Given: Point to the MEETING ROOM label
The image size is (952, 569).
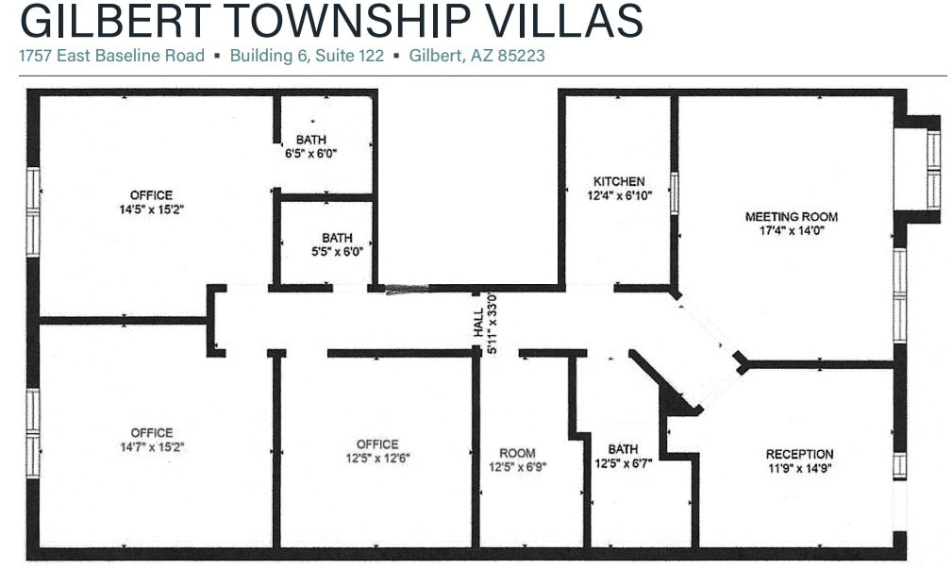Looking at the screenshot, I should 791,217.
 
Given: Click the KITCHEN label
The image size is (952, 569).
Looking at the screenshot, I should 619,181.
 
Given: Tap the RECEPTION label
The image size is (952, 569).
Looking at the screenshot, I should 799,454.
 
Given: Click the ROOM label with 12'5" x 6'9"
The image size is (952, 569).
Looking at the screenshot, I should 517,453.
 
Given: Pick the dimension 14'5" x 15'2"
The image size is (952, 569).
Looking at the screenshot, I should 151,210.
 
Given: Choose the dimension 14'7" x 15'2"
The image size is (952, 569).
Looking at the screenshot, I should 151,447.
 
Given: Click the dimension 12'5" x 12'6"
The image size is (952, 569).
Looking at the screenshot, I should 377,459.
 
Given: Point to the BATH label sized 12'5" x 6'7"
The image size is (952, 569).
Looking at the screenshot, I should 623,449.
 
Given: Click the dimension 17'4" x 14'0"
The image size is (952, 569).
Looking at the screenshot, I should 791,230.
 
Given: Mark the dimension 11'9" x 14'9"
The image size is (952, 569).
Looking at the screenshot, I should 799,468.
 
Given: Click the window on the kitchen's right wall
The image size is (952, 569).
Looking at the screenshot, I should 675,192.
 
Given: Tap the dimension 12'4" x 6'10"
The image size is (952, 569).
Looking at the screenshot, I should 619,195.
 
